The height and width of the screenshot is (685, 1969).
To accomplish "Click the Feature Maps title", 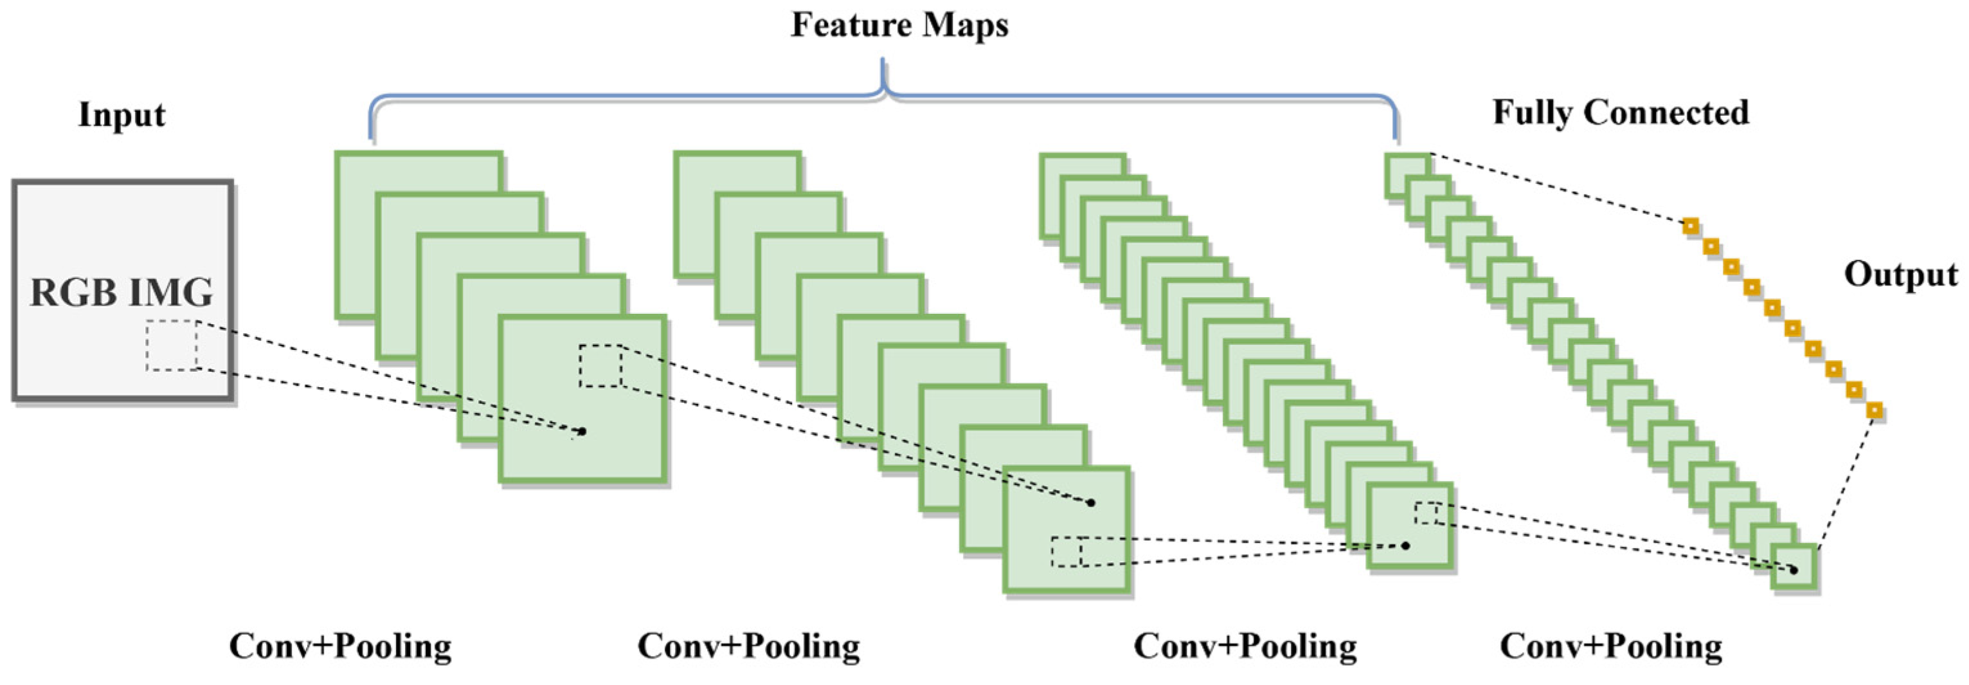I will pyautogui.click(x=899, y=25).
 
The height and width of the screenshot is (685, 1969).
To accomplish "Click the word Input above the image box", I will pyautogui.click(x=121, y=115).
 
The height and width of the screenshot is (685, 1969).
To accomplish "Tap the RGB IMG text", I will pyautogui.click(x=121, y=293).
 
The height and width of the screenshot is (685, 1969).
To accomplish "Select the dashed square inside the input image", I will pyautogui.click(x=172, y=345).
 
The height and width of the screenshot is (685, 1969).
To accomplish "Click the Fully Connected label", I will pyautogui.click(x=1621, y=113).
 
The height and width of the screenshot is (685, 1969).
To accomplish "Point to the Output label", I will pyautogui.click(x=1900, y=275).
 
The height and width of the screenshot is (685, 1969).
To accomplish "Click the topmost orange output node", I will pyautogui.click(x=1690, y=226).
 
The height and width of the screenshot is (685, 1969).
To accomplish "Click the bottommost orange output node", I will pyautogui.click(x=1873, y=411).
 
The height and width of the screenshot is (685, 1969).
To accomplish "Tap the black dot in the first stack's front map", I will pyautogui.click(x=582, y=431).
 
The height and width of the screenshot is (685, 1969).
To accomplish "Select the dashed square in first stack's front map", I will pyautogui.click(x=600, y=366).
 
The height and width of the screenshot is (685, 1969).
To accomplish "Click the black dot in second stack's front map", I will pyautogui.click(x=1091, y=502).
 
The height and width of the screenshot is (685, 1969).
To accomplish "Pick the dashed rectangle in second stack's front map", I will pyautogui.click(x=1067, y=552).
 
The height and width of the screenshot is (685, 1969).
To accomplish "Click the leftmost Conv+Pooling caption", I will pyautogui.click(x=340, y=646).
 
